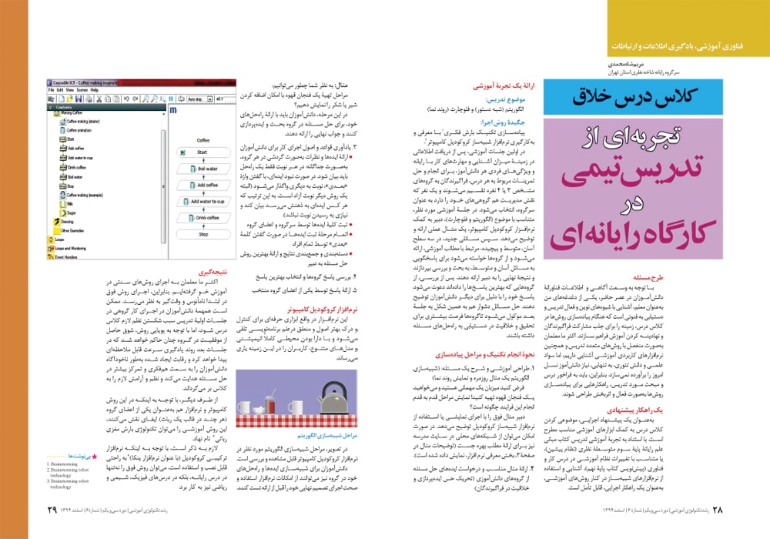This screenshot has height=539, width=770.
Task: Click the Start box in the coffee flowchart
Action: [203, 152]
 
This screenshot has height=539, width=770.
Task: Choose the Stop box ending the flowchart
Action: [203, 234]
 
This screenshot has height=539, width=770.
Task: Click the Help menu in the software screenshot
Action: [94, 89]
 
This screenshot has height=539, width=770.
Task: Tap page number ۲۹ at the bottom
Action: [52, 510]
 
